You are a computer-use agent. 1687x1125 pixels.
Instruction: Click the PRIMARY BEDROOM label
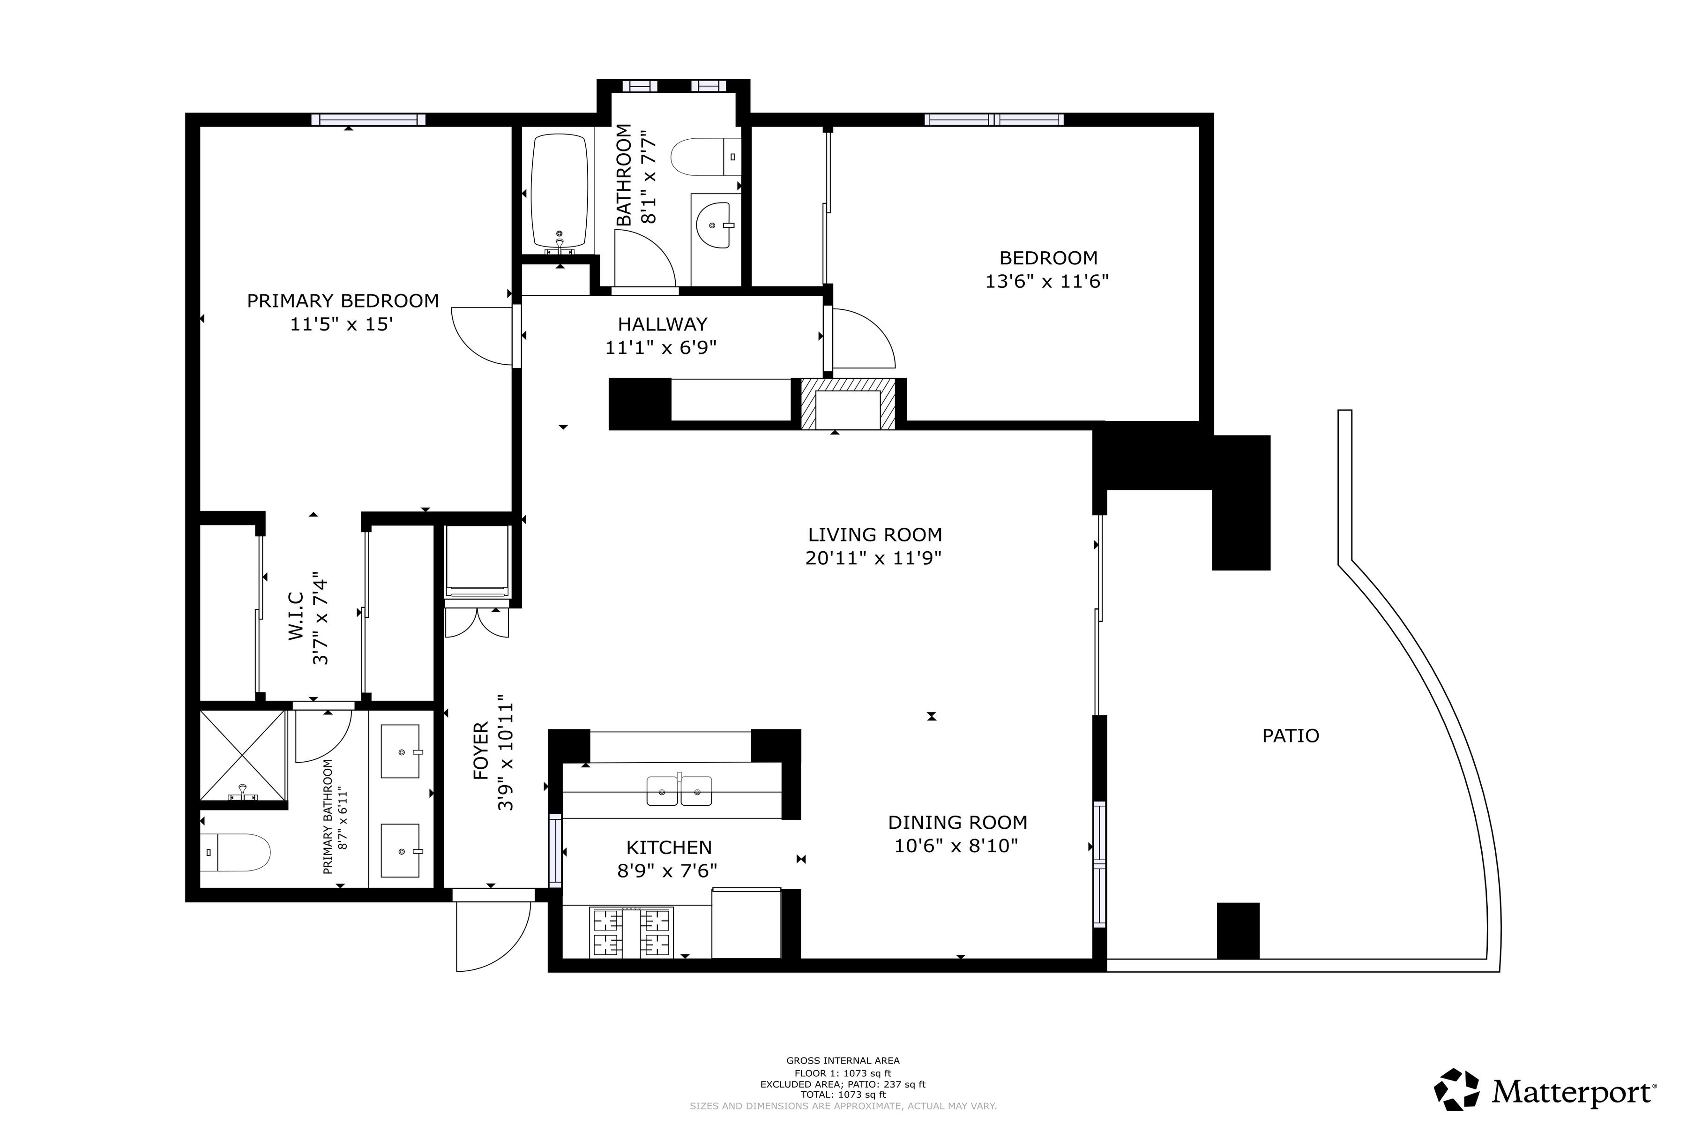[343, 300]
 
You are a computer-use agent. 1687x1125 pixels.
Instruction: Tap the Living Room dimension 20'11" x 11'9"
[873, 558]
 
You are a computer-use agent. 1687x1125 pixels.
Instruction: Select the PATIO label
[1291, 735]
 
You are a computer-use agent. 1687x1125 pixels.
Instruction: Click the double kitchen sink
[679, 791]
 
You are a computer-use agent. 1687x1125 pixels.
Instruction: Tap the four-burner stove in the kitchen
[631, 933]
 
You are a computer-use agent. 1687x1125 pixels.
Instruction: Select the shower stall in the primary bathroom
[243, 756]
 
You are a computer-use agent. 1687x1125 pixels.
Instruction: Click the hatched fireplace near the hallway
[848, 404]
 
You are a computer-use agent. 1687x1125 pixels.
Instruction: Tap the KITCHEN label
[669, 847]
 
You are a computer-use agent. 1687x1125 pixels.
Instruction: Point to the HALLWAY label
[662, 324]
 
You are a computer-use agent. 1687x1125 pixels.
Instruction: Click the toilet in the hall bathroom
[705, 157]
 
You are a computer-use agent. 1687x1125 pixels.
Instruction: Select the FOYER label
[481, 750]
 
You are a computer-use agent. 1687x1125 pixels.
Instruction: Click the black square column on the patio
[1238, 930]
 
